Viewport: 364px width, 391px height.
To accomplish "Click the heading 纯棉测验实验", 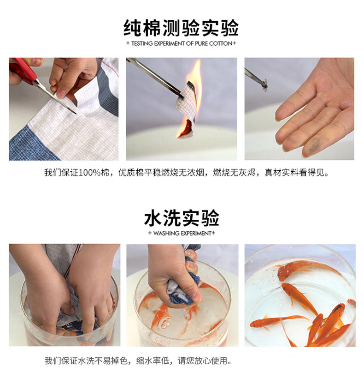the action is (x=181, y=28).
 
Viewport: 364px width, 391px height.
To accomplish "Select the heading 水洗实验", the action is (x=182, y=218).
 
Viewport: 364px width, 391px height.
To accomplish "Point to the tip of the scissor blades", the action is (x=76, y=114).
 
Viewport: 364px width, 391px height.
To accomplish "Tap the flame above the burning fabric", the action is (x=193, y=82).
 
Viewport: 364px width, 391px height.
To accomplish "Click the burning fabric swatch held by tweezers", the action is (x=186, y=107).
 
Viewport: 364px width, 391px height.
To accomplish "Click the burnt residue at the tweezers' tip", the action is (x=265, y=85).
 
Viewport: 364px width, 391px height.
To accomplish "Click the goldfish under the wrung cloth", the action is (x=161, y=319).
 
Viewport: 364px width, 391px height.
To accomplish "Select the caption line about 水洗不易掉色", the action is (x=138, y=361).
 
